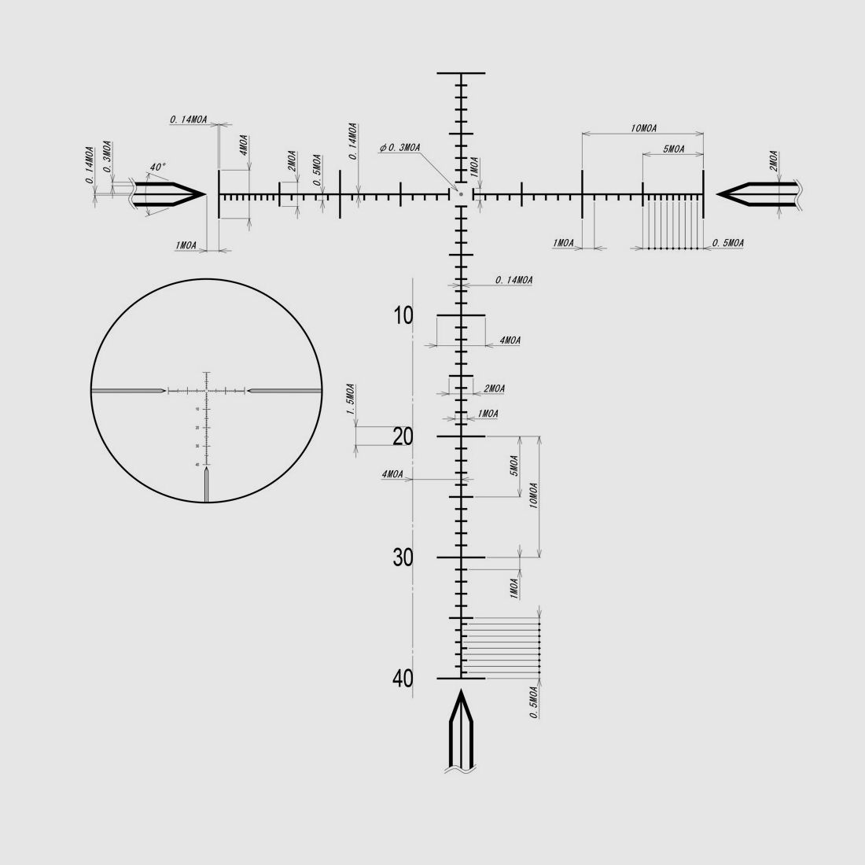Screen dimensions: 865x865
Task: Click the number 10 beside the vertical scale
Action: click(403, 316)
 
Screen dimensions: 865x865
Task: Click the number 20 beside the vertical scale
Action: click(403, 437)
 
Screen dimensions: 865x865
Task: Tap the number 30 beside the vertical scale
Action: click(403, 558)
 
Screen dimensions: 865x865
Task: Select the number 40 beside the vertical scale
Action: click(403, 678)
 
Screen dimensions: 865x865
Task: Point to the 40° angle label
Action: click(158, 167)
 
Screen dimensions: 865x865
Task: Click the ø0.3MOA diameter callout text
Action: click(399, 148)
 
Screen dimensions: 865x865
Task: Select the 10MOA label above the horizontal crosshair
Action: click(643, 128)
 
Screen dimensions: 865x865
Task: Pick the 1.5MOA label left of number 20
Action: click(351, 399)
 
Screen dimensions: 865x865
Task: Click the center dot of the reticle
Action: click(462, 193)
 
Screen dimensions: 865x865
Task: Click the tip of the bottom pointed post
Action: click(462, 692)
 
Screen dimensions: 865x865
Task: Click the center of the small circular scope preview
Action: click(206, 390)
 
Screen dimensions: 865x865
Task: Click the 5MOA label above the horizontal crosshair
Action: click(673, 149)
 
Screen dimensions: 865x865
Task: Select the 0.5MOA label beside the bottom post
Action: click(534, 701)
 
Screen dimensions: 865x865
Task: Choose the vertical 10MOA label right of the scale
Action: click(534, 497)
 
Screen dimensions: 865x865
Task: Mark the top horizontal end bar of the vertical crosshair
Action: click(462, 73)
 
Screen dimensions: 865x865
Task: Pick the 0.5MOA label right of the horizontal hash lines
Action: click(727, 244)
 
